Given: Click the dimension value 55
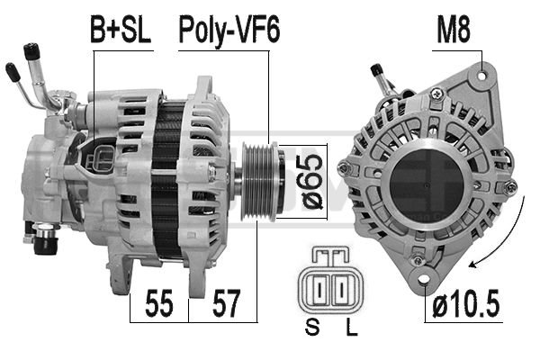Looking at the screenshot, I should pos(158,304).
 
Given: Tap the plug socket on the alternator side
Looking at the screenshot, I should pos(102,157).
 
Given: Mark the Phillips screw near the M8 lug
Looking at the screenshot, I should pos(436,93).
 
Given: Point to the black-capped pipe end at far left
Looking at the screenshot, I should pos(12,71).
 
